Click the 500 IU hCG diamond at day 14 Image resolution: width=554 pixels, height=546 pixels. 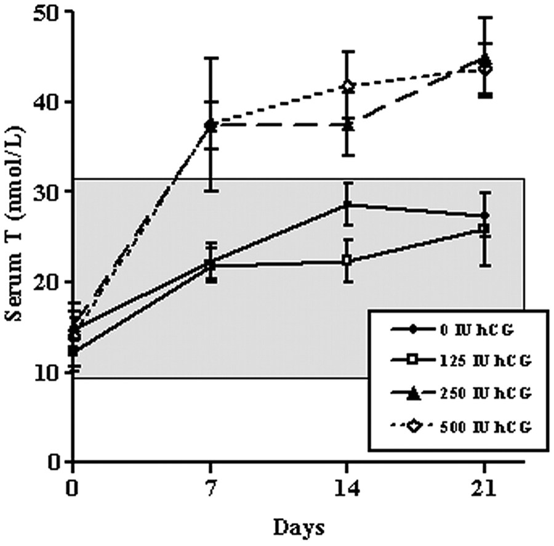click(348, 87)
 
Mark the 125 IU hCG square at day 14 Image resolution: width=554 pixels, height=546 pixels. click(348, 261)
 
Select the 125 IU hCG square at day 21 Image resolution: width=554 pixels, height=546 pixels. click(485, 229)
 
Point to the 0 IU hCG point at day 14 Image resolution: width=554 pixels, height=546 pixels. click(348, 205)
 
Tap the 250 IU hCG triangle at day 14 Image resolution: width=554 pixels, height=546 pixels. click(348, 124)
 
